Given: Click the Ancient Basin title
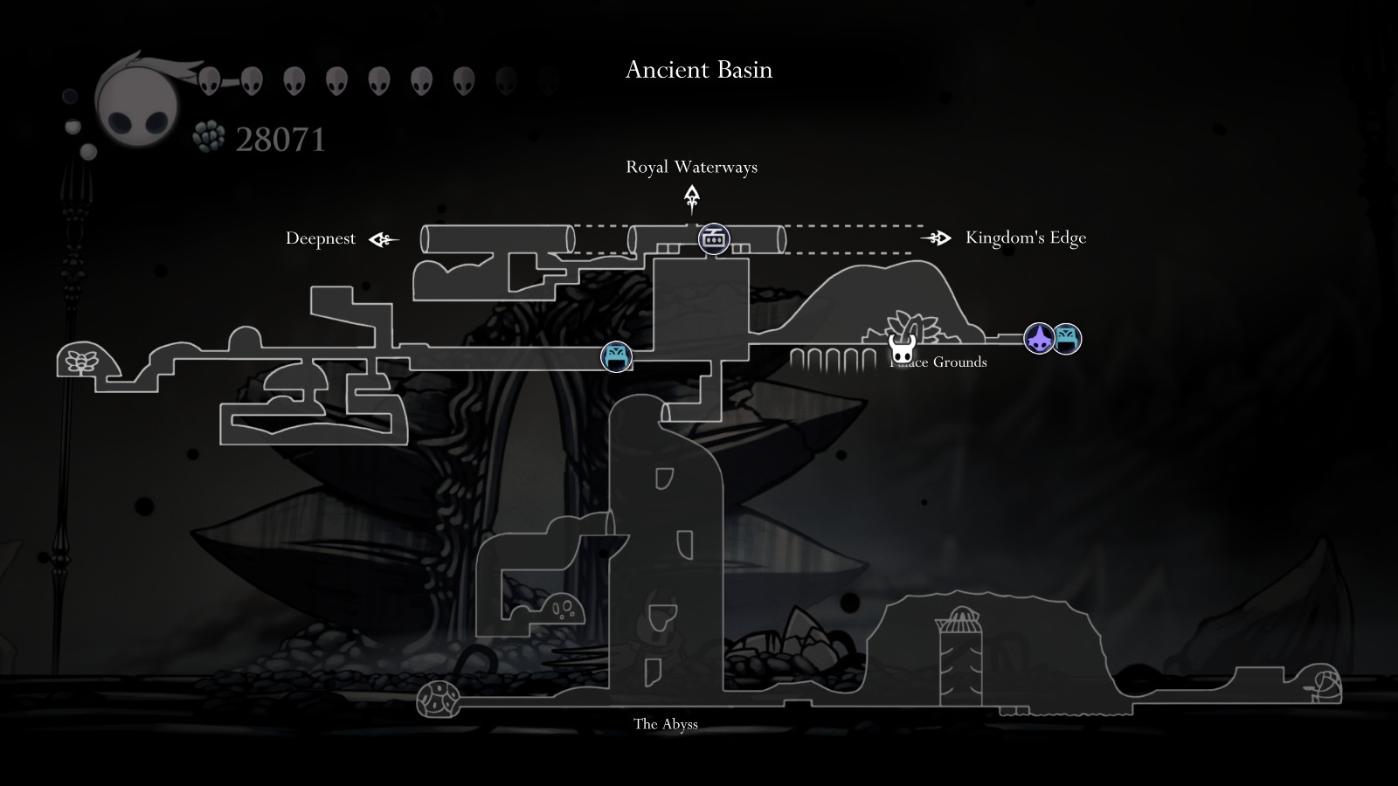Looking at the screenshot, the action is (699, 70).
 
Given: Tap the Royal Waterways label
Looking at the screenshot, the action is (691, 167).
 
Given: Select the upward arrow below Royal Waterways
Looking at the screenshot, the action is (692, 199).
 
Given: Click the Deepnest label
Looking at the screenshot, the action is (321, 238).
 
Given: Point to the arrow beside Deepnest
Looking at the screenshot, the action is (383, 239).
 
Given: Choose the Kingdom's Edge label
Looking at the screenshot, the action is (1026, 238).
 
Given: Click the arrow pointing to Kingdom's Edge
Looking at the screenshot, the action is (936, 238).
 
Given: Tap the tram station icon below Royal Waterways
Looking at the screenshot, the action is (714, 238).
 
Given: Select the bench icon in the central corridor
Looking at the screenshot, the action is (616, 356).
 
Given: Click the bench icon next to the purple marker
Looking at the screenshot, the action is (1067, 338).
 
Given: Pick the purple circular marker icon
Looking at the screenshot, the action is (1039, 338).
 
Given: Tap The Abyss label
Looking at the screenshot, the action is (666, 724).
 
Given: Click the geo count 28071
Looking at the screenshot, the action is (280, 140).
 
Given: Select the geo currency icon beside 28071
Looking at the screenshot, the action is (209, 137).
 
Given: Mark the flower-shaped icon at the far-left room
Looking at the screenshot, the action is (84, 360).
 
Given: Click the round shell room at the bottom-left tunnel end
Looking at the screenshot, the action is (438, 699).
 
